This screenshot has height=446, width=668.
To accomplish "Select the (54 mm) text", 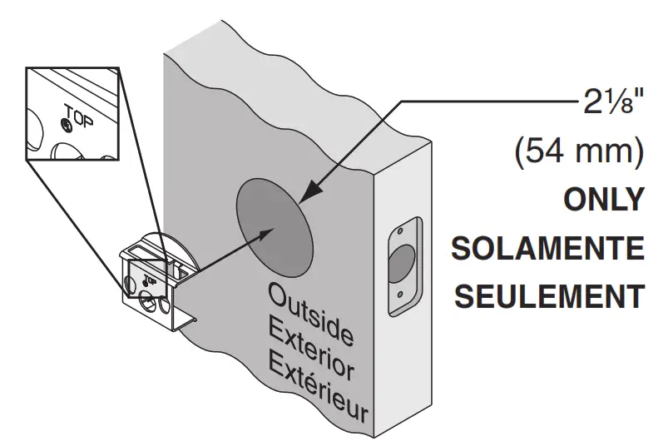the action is pyautogui.click(x=579, y=152).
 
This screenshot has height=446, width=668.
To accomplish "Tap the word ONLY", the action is pyautogui.click(x=604, y=200).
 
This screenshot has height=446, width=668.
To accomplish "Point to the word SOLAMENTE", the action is pyautogui.click(x=548, y=248).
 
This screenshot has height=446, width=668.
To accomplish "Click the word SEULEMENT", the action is pyautogui.click(x=550, y=296).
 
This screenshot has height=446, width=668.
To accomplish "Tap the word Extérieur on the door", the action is pyautogui.click(x=319, y=389).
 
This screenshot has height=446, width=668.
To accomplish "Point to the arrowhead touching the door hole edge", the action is pyautogui.click(x=309, y=191).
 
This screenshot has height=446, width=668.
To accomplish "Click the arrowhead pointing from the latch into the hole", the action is pyautogui.click(x=265, y=234).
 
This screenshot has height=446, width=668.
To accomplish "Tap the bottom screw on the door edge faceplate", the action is pyautogui.click(x=399, y=295).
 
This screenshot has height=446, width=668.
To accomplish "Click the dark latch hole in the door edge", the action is pyautogui.click(x=401, y=263).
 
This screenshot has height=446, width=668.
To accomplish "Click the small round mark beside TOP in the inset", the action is pyautogui.click(x=66, y=125).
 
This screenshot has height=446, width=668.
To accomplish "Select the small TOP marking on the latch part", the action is pyautogui.click(x=151, y=280).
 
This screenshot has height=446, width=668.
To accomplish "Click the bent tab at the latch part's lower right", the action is pyautogui.click(x=186, y=323).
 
